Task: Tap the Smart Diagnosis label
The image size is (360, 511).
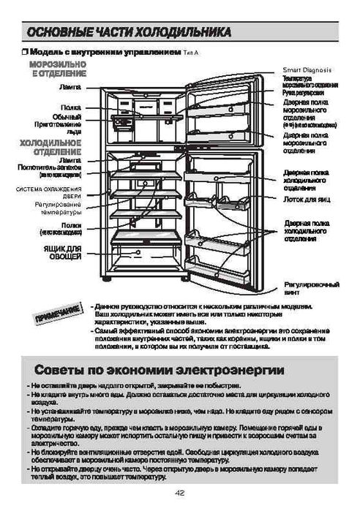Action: click(307, 69)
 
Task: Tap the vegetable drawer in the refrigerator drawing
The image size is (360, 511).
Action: click(139, 252)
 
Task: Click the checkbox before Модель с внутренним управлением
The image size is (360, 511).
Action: click(25, 53)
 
